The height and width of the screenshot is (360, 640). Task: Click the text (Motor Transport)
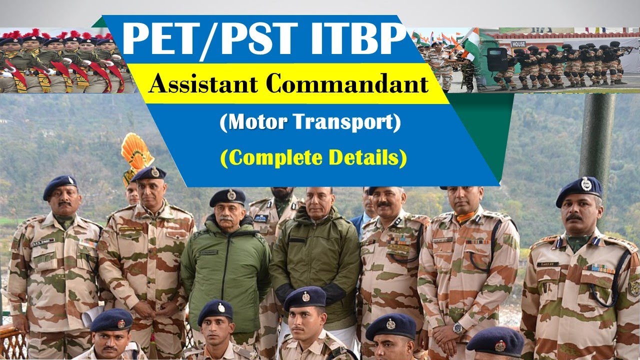point(310,123)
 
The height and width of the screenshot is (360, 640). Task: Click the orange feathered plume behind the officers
point(136,152)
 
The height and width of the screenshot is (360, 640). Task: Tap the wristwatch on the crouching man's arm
point(457,328)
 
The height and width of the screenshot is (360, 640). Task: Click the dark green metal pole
point(597,135)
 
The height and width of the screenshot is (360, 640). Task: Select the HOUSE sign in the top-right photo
point(518,44)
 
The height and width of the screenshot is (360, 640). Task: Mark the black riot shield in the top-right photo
point(496,59)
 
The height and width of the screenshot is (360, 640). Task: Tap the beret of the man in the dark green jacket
point(227,197)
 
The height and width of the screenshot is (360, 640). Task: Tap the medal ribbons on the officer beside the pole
point(600,269)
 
